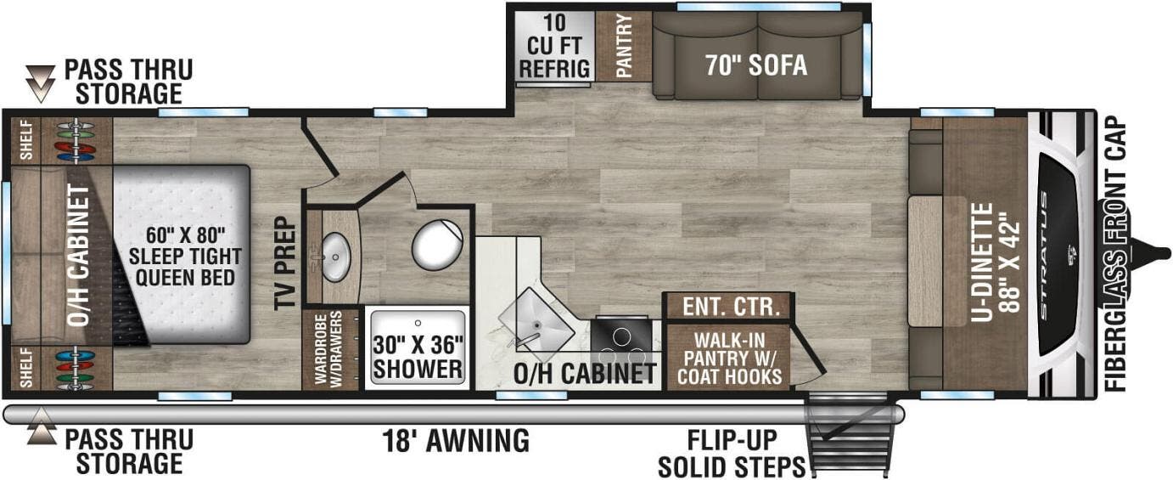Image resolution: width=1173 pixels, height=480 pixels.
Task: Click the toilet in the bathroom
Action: [437, 245]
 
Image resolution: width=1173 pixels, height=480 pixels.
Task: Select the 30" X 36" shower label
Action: [418, 357]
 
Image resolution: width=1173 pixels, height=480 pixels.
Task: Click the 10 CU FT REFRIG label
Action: [554, 46]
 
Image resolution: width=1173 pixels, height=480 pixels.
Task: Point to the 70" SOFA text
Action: [756, 65]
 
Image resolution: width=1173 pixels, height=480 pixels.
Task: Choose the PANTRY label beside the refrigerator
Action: [624, 46]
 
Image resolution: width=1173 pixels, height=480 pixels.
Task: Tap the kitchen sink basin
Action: [536, 320]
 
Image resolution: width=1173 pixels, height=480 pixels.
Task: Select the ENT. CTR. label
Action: [731, 307]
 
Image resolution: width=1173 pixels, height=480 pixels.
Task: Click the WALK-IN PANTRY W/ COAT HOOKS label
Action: [729, 359]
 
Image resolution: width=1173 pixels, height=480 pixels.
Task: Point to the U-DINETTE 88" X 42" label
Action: [996, 262]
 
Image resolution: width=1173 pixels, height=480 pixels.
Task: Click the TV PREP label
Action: [285, 263]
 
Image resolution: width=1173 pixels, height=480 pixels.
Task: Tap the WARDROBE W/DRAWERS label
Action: [328, 349]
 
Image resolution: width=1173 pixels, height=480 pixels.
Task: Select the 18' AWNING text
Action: [456, 440]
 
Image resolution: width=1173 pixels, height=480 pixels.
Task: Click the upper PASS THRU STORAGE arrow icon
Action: [41, 84]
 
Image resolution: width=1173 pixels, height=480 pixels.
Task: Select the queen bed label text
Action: [185, 257]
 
